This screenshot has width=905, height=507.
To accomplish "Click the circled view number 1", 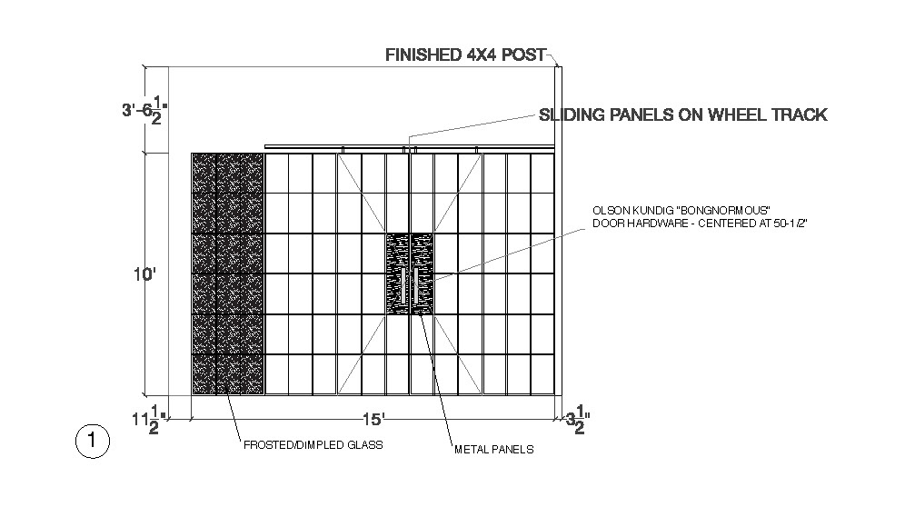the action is click(x=91, y=442).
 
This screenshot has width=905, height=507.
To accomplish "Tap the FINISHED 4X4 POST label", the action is click(x=465, y=55).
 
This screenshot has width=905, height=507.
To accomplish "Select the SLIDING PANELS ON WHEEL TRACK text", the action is click(x=682, y=115).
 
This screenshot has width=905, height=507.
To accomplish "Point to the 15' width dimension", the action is click(x=373, y=419).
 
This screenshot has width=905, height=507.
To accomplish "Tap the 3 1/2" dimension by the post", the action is click(x=578, y=419).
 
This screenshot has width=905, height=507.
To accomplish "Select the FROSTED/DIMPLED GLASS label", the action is click(x=313, y=445).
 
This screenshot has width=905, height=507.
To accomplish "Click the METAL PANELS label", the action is click(x=493, y=449).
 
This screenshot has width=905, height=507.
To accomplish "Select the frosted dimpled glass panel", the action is click(x=227, y=273).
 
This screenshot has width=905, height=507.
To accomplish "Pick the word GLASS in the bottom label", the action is click(x=363, y=445).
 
